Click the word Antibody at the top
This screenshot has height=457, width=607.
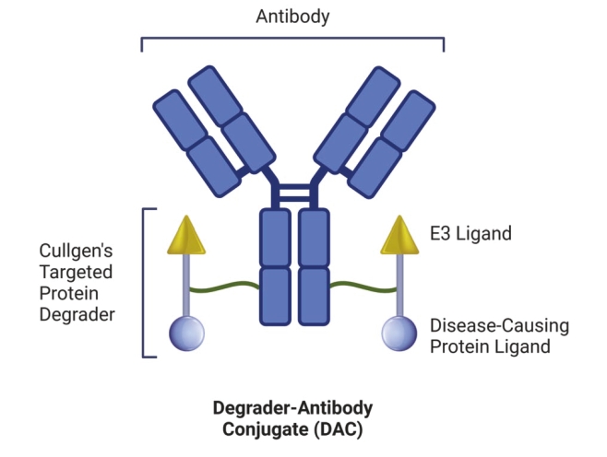click(292, 18)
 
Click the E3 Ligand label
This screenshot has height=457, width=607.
click(470, 234)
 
